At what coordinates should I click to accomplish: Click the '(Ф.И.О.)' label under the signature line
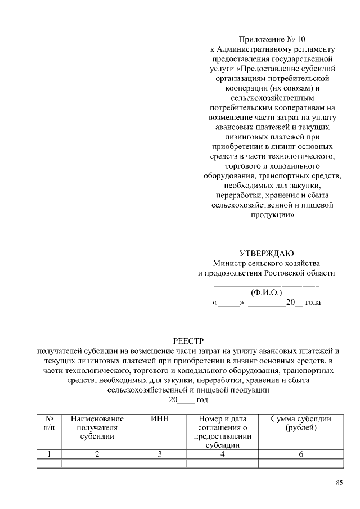click(267, 292)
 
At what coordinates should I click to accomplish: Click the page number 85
click(339, 483)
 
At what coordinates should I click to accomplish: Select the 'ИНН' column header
click(160, 420)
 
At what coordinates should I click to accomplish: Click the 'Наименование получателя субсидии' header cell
click(97, 427)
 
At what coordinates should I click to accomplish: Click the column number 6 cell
click(301, 454)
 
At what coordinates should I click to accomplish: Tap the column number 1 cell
click(49, 454)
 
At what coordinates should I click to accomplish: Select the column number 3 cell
click(160, 454)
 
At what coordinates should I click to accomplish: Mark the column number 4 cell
click(223, 454)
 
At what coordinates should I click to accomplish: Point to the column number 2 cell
click(97, 454)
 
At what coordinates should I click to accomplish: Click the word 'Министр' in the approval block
click(228, 263)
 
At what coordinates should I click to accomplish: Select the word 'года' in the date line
click(313, 303)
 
